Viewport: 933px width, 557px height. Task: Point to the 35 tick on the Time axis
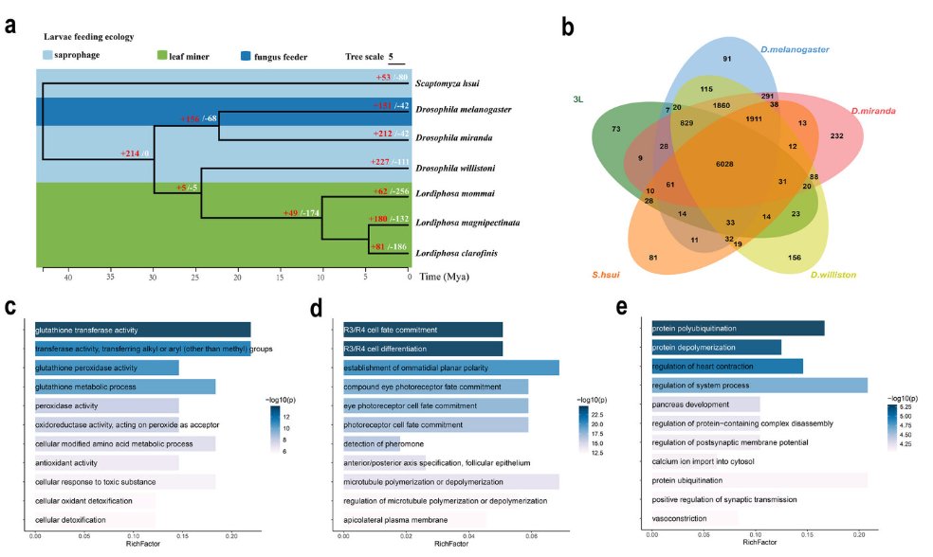click(111, 278)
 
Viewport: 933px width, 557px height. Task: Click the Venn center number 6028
click(723, 164)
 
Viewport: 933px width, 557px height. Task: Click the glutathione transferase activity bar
click(142, 330)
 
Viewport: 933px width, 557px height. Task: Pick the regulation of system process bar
click(759, 386)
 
